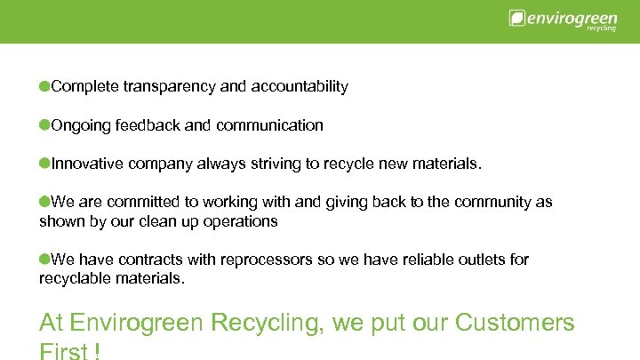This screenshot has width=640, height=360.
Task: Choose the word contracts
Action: pos(147,260)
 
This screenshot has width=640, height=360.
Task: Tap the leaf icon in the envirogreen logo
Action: pos(516,18)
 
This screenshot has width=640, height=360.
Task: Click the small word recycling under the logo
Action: pos(602,28)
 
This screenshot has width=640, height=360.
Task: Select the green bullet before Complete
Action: pos(44,86)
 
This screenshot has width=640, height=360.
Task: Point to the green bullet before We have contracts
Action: pos(44,259)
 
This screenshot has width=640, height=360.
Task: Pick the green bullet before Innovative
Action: pos(44,164)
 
